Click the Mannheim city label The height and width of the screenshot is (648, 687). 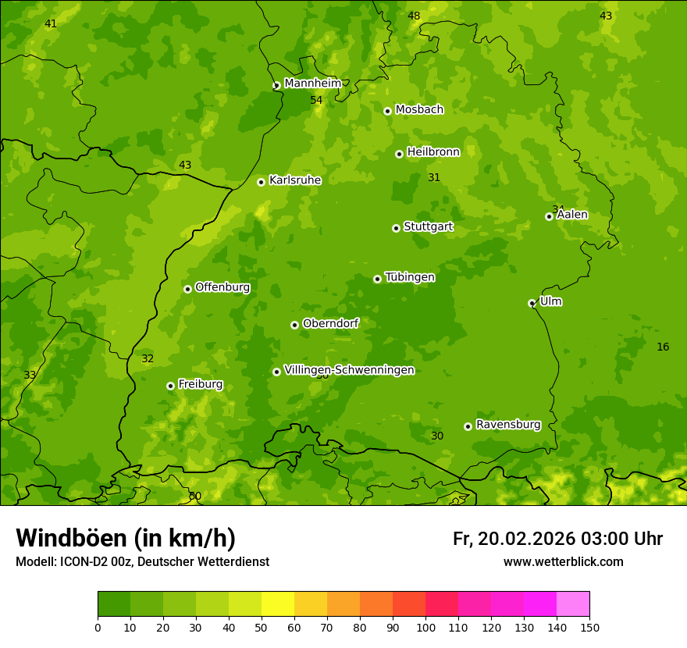[x=312, y=84]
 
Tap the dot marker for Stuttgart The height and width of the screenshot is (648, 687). [x=396, y=228]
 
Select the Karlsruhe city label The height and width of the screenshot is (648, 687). [x=294, y=180]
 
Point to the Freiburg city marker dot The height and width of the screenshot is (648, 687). [x=170, y=386]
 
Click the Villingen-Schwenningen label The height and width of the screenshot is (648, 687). [x=349, y=370]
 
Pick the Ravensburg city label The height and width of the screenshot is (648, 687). [x=507, y=425]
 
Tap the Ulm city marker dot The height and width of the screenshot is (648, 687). [x=532, y=303]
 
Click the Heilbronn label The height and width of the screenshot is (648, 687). [x=433, y=152]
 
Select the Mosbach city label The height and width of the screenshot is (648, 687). [x=419, y=110]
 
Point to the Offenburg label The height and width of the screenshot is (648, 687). [x=222, y=287]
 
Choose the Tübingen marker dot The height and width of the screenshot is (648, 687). [x=377, y=279]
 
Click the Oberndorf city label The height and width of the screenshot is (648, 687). [x=330, y=323]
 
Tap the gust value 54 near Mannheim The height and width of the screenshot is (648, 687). [x=316, y=100]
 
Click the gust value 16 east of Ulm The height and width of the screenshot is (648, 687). [x=663, y=347]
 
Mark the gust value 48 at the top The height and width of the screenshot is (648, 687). [x=414, y=16]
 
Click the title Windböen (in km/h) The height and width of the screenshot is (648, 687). [x=126, y=538]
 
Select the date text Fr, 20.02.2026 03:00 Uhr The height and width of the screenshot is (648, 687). [x=557, y=539]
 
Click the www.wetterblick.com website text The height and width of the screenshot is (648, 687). [x=563, y=561]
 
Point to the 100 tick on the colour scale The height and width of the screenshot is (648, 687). [x=425, y=627]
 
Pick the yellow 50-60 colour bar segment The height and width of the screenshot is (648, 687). [x=278, y=604]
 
